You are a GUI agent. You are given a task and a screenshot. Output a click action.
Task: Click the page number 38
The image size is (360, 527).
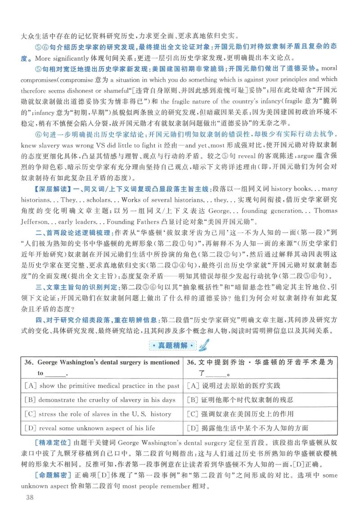click(25, 497)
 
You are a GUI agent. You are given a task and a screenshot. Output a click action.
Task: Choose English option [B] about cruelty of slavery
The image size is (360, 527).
click(100, 400)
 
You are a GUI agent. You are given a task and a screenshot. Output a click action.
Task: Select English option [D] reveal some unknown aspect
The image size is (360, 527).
click(90, 428)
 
